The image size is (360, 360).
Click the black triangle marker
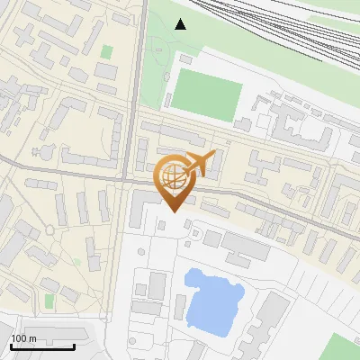point(181,24)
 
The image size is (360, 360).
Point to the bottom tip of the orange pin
point(171,212)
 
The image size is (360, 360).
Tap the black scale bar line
point(42,346)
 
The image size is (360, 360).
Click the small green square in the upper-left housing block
point(107,52)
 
